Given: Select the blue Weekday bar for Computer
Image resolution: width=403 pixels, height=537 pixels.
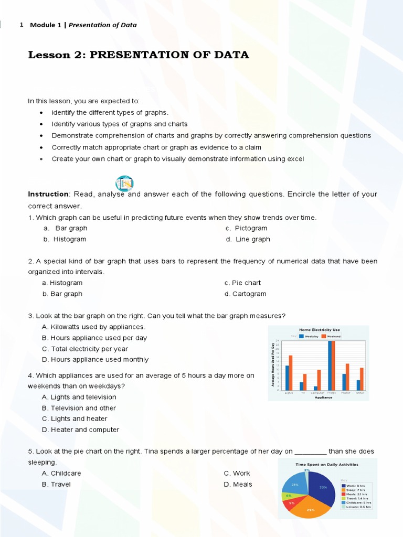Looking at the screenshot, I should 315,389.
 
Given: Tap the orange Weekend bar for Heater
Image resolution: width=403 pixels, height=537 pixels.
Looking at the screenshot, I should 347,377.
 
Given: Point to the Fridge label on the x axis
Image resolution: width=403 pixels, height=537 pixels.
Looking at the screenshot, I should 332,393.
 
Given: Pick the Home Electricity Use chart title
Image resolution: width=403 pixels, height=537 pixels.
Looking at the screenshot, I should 319,330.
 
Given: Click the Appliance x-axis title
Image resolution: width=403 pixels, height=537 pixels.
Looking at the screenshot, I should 323,398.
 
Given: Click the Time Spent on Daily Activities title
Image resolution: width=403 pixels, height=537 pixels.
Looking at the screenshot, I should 327,465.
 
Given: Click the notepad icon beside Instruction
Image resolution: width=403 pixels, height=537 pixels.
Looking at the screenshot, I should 124,184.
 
